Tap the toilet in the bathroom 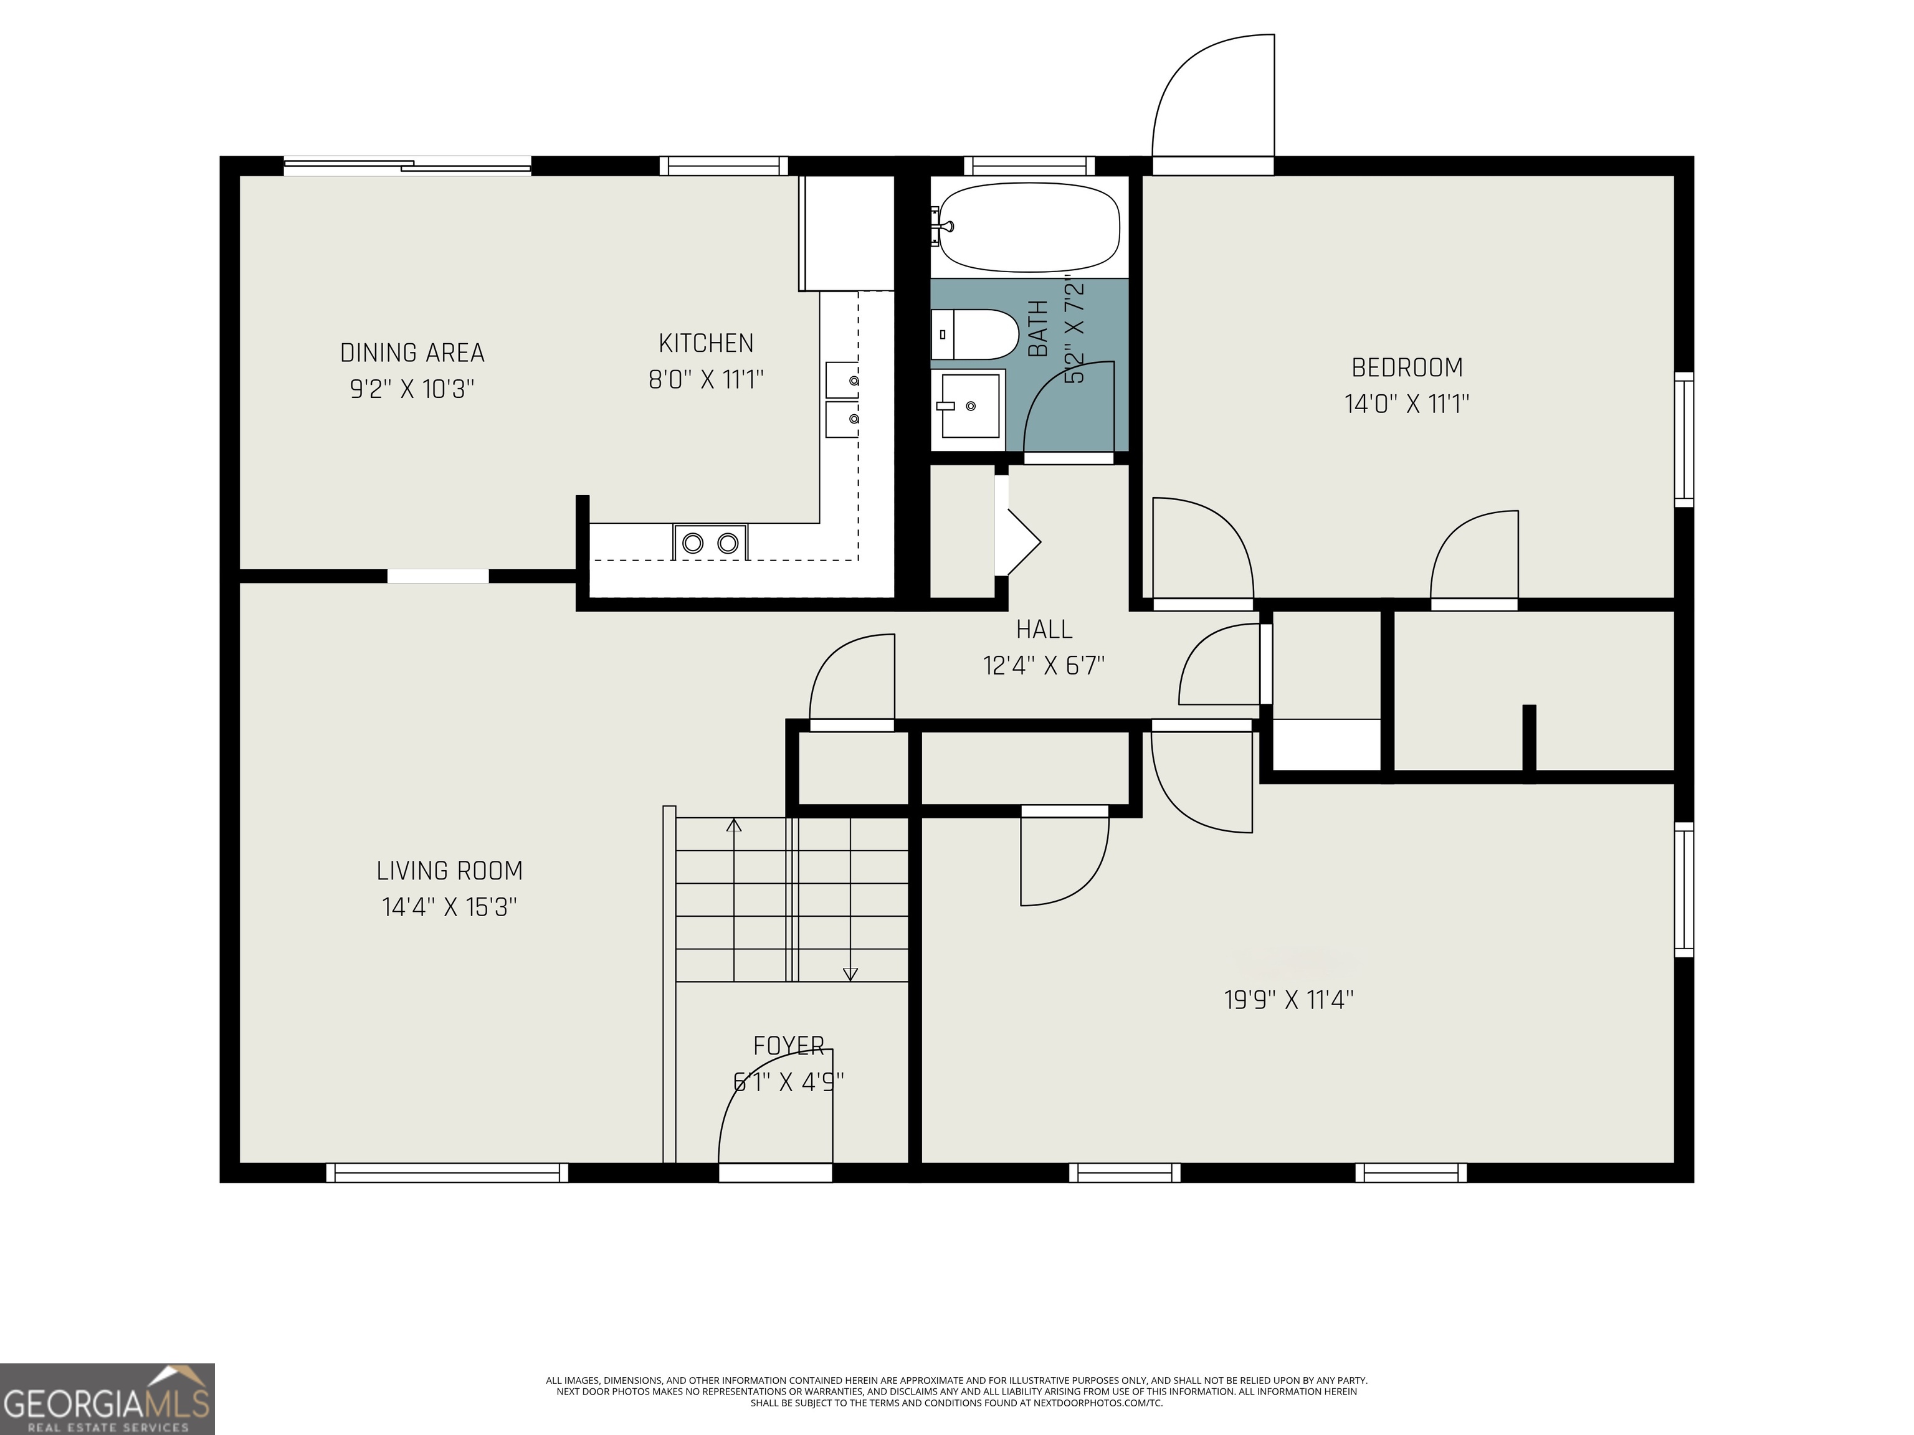tap(974, 334)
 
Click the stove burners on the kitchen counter tap(710, 542)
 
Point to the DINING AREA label tap(412, 353)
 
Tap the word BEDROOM tap(1407, 367)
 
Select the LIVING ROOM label tap(449, 870)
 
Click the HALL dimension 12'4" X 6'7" tap(1044, 665)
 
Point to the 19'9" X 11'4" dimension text tap(1288, 1000)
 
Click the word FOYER tap(788, 1046)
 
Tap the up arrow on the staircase tap(734, 825)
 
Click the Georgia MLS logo tap(107, 1399)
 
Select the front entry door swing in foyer tap(774, 1112)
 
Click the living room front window tap(447, 1172)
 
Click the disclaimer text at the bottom tap(956, 1391)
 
